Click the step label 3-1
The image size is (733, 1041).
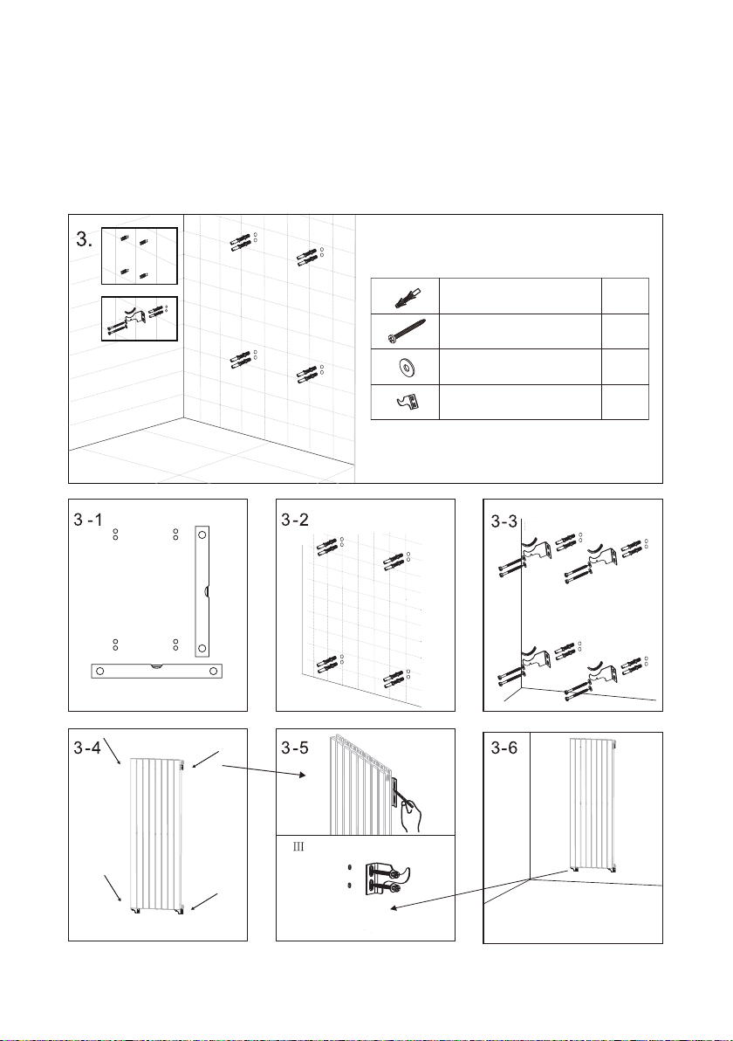(x=88, y=520)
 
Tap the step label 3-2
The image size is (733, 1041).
(x=295, y=520)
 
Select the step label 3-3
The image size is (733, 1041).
(x=504, y=522)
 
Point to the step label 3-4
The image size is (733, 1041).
(x=87, y=748)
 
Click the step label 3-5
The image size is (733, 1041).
(x=295, y=748)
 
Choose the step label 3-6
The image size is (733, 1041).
(x=504, y=748)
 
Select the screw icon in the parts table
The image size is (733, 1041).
(x=404, y=331)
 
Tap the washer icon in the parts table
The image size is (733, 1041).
(x=404, y=366)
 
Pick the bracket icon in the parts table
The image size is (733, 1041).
(x=405, y=402)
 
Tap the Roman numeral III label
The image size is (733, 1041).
(x=298, y=847)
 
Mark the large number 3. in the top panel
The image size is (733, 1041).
(x=85, y=240)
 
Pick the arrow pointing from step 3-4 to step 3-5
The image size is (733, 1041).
(x=264, y=771)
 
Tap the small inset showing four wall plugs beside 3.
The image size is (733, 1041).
(x=140, y=256)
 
